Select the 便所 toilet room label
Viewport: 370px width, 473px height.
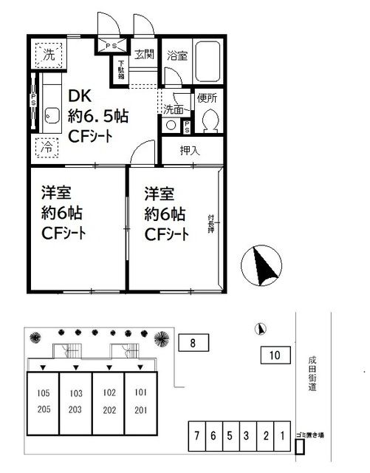[x=208, y=96]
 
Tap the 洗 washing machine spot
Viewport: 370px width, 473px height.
[x=47, y=54]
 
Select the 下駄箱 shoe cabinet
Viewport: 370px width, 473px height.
[x=121, y=71]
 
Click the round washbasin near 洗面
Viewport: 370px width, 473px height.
[x=171, y=125]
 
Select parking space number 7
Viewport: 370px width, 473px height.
[x=196, y=435]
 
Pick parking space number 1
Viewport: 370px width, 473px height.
[x=281, y=435]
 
